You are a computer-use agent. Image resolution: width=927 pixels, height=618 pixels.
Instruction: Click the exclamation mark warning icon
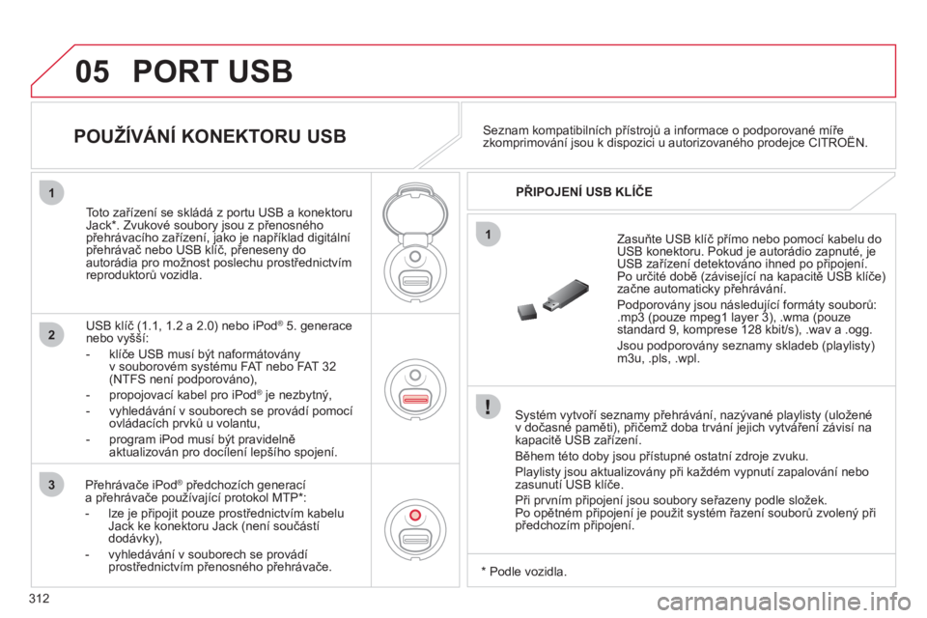pos(490,409)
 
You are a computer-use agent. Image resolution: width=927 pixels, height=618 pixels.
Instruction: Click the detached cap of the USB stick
pos(525,311)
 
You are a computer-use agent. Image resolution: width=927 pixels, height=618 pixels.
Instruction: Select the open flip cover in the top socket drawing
pos(414,204)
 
